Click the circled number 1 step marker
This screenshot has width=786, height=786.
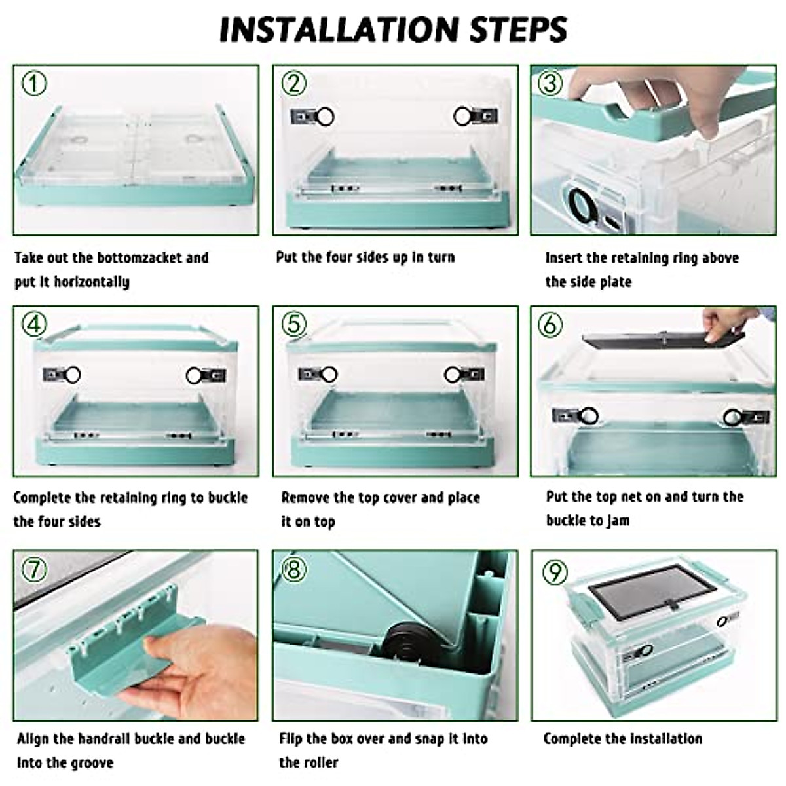(34, 84)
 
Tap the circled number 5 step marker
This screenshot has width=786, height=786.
(294, 325)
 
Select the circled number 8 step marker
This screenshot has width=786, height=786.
(293, 569)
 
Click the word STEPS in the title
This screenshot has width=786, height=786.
(518, 29)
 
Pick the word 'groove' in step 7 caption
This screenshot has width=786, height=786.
(89, 763)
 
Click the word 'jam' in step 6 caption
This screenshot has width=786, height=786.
(618, 521)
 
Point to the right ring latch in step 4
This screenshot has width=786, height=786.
(206, 375)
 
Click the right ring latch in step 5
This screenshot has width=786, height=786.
(464, 375)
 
